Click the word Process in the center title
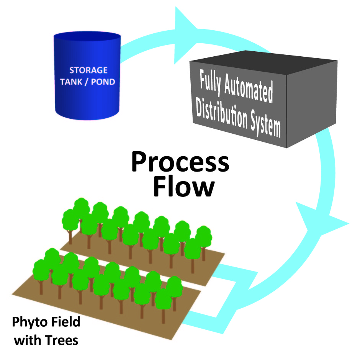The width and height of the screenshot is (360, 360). click(180, 161)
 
